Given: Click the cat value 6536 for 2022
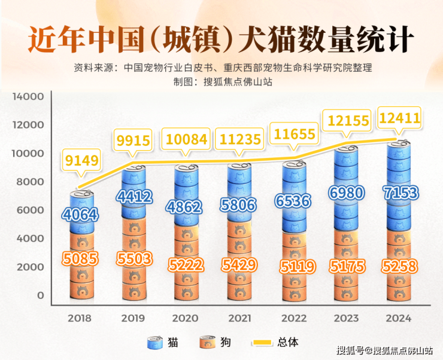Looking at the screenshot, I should (293, 202).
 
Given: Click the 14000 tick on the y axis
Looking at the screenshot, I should (28, 97).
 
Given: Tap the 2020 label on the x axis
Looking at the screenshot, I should (186, 318).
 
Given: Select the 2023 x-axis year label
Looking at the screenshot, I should (346, 318).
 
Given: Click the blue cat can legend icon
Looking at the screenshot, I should (156, 343).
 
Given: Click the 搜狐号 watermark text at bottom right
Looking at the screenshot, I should (350, 350).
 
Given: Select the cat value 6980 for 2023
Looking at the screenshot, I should (346, 193).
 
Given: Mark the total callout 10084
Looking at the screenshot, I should (186, 141).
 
